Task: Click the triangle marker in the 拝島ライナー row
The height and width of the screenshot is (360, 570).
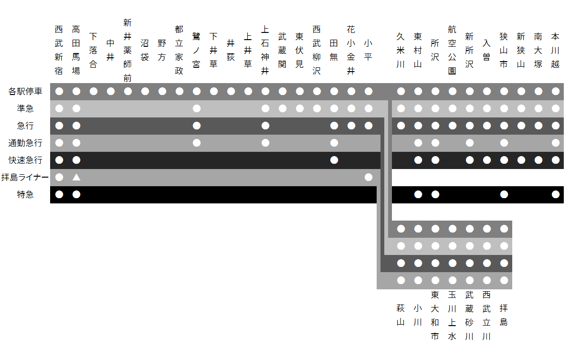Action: tap(76, 177)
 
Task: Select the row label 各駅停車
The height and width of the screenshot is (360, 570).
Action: tap(25, 91)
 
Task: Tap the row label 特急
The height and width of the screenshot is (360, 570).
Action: tap(25, 194)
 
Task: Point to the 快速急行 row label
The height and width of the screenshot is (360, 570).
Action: tap(25, 160)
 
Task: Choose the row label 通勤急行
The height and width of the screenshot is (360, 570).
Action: tap(25, 143)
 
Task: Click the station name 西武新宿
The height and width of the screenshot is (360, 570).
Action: tap(59, 50)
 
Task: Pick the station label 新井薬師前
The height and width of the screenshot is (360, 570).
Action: tap(128, 50)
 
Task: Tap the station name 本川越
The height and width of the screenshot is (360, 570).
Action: tap(556, 50)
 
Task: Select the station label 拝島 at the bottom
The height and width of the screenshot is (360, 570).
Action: tap(504, 315)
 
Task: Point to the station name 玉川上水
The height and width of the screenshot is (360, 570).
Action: tap(453, 315)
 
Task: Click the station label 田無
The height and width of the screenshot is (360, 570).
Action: tap(334, 50)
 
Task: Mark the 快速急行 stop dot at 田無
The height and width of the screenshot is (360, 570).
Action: tap(334, 160)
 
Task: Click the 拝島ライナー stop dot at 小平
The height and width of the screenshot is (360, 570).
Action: tap(369, 177)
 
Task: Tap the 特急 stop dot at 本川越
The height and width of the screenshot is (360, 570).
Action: tap(556, 194)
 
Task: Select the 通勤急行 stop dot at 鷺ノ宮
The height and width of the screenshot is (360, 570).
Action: tap(197, 143)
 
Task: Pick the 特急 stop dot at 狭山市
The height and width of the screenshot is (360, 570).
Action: tap(504, 194)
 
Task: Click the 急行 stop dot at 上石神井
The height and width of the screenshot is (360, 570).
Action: tap(265, 126)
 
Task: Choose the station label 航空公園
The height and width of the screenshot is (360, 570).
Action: tap(453, 50)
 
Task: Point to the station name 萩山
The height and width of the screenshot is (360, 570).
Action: tap(401, 315)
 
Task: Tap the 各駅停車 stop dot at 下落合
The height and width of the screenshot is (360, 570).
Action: tap(94, 91)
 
